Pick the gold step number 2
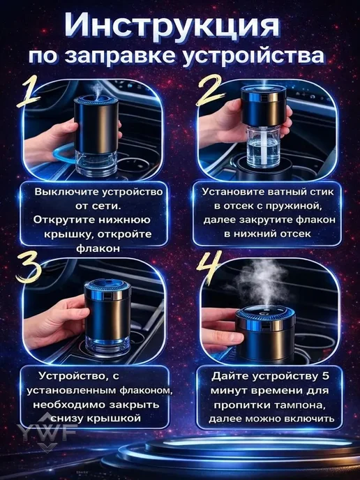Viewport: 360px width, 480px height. click(x=209, y=91)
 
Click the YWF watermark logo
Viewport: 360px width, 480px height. click(x=47, y=432)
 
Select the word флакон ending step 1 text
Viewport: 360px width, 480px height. click(x=98, y=248)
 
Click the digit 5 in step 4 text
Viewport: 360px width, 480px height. click(x=325, y=376)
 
